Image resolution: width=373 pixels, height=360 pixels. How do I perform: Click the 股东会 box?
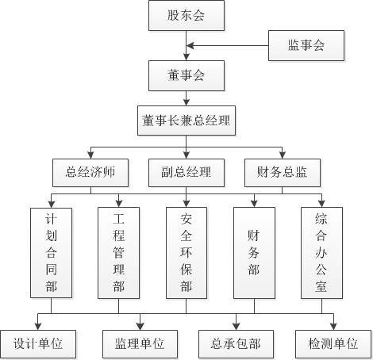click(x=186, y=15)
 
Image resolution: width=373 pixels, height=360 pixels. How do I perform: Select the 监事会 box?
click(x=306, y=45)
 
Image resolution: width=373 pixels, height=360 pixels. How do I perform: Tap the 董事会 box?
click(x=186, y=76)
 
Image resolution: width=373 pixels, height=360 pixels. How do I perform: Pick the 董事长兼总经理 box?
click(x=186, y=121)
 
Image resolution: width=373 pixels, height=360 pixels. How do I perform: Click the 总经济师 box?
click(x=90, y=173)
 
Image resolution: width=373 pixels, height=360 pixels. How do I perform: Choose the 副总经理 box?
click(x=186, y=173)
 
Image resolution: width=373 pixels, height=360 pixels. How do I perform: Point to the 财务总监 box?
click(x=283, y=173)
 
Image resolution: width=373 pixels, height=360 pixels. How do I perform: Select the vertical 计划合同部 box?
click(x=51, y=253)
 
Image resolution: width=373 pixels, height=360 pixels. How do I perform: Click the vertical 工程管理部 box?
click(x=118, y=253)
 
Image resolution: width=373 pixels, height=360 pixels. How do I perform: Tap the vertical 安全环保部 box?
click(x=186, y=253)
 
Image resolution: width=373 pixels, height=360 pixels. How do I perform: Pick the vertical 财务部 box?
click(x=254, y=253)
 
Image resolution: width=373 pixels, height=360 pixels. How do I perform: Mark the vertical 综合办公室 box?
click(x=321, y=253)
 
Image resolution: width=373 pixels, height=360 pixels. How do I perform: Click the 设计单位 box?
click(x=38, y=344)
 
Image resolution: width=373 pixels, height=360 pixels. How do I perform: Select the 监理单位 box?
click(x=140, y=344)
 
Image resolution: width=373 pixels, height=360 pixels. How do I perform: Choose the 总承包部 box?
click(x=236, y=344)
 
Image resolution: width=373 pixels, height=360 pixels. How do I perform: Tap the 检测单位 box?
click(x=333, y=344)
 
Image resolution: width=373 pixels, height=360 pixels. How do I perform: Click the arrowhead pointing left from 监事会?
click(x=190, y=45)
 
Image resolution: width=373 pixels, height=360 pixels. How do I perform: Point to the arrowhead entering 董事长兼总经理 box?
click(x=186, y=102)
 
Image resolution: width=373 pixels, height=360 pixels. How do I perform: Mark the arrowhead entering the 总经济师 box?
click(x=90, y=155)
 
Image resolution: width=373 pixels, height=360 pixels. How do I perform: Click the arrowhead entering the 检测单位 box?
click(x=333, y=327)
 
